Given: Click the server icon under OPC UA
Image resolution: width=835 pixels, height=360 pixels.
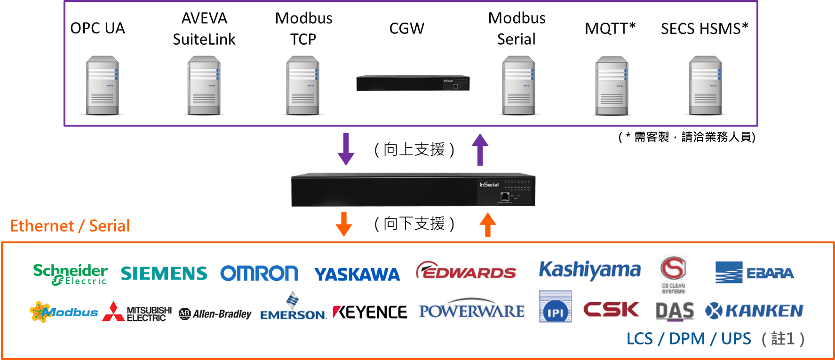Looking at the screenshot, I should tap(102, 85).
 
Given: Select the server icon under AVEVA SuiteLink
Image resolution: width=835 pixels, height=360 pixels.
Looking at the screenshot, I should tap(204, 85).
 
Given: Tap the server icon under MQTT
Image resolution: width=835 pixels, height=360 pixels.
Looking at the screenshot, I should tap(612, 85).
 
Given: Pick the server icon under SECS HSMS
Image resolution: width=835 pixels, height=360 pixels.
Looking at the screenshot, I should tap(705, 85).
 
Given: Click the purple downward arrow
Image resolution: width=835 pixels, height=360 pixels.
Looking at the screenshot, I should tap(346, 149).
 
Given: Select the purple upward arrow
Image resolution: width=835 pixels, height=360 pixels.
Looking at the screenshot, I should tap(480, 149).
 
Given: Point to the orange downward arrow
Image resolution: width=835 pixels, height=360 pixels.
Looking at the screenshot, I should tap(344, 224).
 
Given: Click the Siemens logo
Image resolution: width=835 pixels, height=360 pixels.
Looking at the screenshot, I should tap(164, 273).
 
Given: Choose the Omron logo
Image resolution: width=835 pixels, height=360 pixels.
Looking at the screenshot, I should tap(259, 273).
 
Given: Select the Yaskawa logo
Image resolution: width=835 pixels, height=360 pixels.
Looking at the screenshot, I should tap(357, 274).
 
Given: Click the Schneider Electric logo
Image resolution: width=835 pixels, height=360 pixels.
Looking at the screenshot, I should tap(70, 274).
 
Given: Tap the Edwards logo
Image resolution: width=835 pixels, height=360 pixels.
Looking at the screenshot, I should tap(466, 271).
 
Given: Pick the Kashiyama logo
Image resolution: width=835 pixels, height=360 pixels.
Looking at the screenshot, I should tap(589, 270).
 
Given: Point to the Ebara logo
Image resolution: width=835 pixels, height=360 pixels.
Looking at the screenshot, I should tap(754, 272).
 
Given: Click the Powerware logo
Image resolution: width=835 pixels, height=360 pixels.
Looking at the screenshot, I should tap(471, 310).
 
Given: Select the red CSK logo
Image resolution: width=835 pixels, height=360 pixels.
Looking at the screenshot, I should tap(611, 310).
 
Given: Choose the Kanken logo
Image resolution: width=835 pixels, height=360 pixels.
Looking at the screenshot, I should tap(754, 311).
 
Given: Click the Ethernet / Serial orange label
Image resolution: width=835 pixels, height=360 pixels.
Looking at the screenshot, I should tap(70, 226).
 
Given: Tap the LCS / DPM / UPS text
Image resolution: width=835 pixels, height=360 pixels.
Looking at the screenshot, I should tap(689, 339).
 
